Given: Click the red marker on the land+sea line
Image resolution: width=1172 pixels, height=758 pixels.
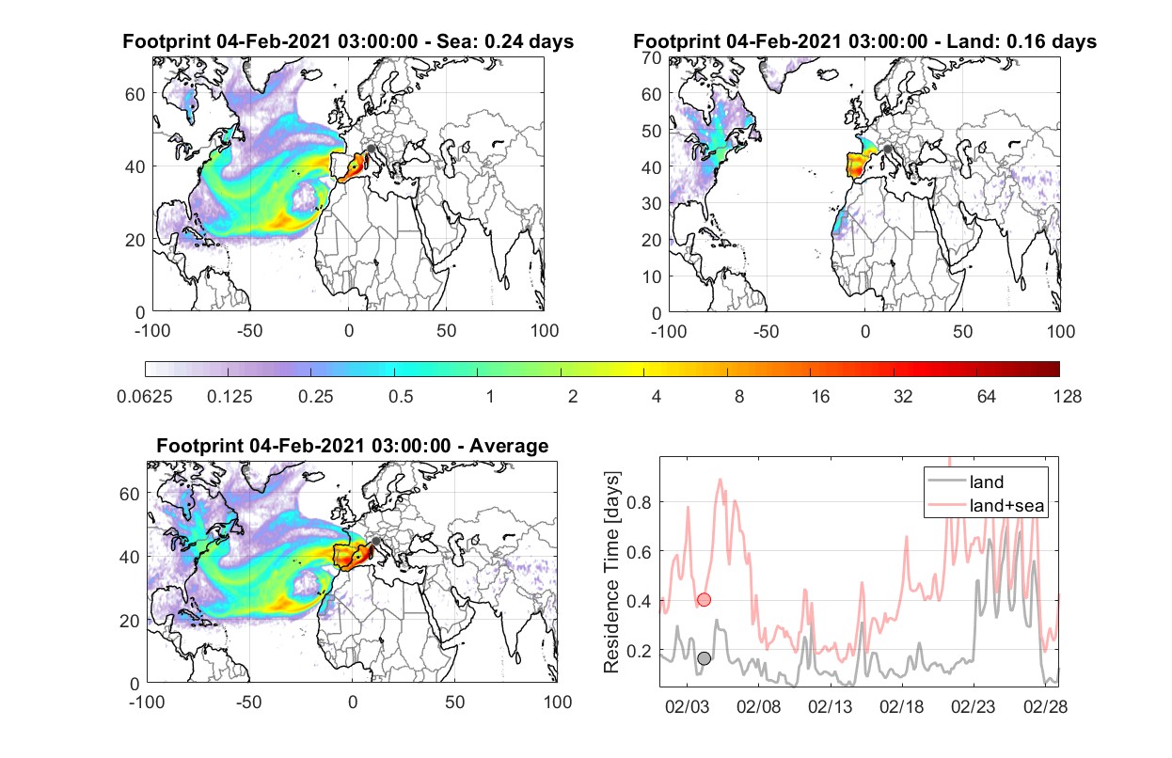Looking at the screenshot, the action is (705, 599).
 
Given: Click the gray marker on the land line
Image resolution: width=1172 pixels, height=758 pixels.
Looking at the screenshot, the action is (705, 658).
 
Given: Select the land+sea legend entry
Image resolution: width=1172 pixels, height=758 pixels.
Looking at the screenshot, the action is (987, 505).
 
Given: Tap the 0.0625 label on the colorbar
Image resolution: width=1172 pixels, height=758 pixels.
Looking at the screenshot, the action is (145, 397).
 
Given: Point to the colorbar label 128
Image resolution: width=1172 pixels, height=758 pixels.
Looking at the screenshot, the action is (1068, 397).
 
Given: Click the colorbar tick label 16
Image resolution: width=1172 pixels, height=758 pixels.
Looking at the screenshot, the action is (820, 397).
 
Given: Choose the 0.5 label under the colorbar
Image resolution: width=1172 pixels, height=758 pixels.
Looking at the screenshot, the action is (401, 397).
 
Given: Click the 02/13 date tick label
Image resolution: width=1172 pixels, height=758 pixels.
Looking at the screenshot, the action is (831, 706).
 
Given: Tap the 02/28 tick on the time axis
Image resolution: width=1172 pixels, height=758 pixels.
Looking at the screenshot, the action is (1045, 706).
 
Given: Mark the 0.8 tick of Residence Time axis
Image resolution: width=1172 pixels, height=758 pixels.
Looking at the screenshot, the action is (640, 503).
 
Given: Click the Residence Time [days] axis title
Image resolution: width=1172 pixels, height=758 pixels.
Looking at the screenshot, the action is (611, 573).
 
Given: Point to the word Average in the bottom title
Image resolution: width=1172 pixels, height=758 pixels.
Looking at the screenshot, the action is (509, 446).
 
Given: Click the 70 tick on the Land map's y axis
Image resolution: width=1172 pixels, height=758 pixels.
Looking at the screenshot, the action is (652, 57).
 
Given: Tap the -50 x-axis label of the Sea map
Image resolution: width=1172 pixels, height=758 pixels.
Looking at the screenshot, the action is (249, 331).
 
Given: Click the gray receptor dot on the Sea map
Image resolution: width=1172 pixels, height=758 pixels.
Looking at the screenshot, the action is (371, 149).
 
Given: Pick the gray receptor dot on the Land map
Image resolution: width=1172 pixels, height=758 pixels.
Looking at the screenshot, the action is (887, 150).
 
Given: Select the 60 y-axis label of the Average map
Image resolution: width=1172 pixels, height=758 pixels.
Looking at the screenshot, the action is (129, 494).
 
